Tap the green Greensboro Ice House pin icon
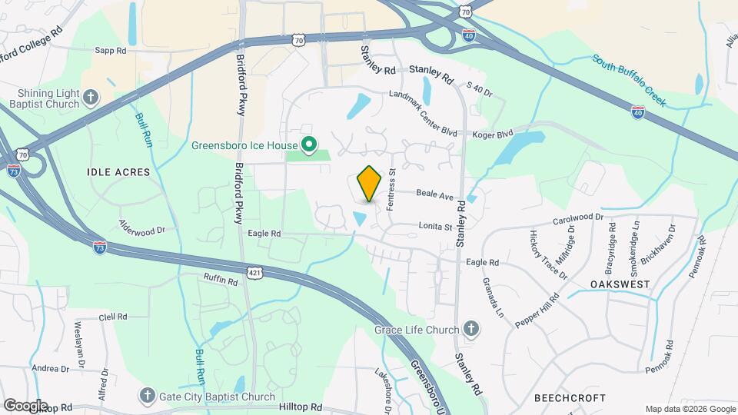309,144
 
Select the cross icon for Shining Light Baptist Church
91,98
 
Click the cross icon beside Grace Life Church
471,330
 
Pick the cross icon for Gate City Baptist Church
147,397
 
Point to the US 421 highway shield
257,273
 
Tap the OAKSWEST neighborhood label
620,284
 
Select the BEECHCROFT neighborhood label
570,398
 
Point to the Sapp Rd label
110,51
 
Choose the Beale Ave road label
435,195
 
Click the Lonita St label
435,226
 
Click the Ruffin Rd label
221,281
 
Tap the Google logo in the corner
25,405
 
